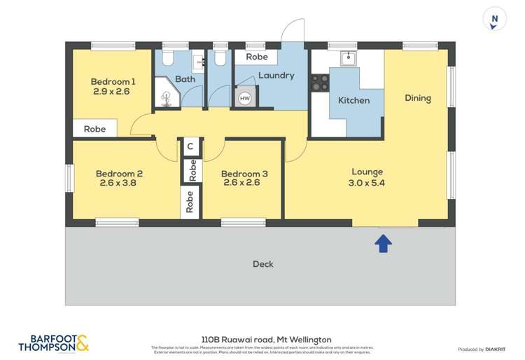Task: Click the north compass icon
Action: pyautogui.click(x=496, y=20)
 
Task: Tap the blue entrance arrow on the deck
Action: pyautogui.click(x=384, y=243)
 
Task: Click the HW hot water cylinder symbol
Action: pyautogui.click(x=245, y=99)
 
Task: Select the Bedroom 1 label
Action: pyautogui.click(x=113, y=81)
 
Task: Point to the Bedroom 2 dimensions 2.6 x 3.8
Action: pyautogui.click(x=119, y=184)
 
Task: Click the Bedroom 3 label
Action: pyautogui.click(x=244, y=174)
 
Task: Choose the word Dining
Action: pyautogui.click(x=418, y=98)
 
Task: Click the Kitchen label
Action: pyautogui.click(x=354, y=100)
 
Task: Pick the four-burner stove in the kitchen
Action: pyautogui.click(x=321, y=83)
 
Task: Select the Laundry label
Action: pyautogui.click(x=276, y=75)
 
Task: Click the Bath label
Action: pyautogui.click(x=185, y=79)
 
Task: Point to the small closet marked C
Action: pyautogui.click(x=190, y=147)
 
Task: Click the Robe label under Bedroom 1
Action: pyautogui.click(x=94, y=129)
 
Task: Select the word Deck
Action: pyautogui.click(x=262, y=264)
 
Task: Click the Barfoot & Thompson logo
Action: pyautogui.click(x=53, y=342)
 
